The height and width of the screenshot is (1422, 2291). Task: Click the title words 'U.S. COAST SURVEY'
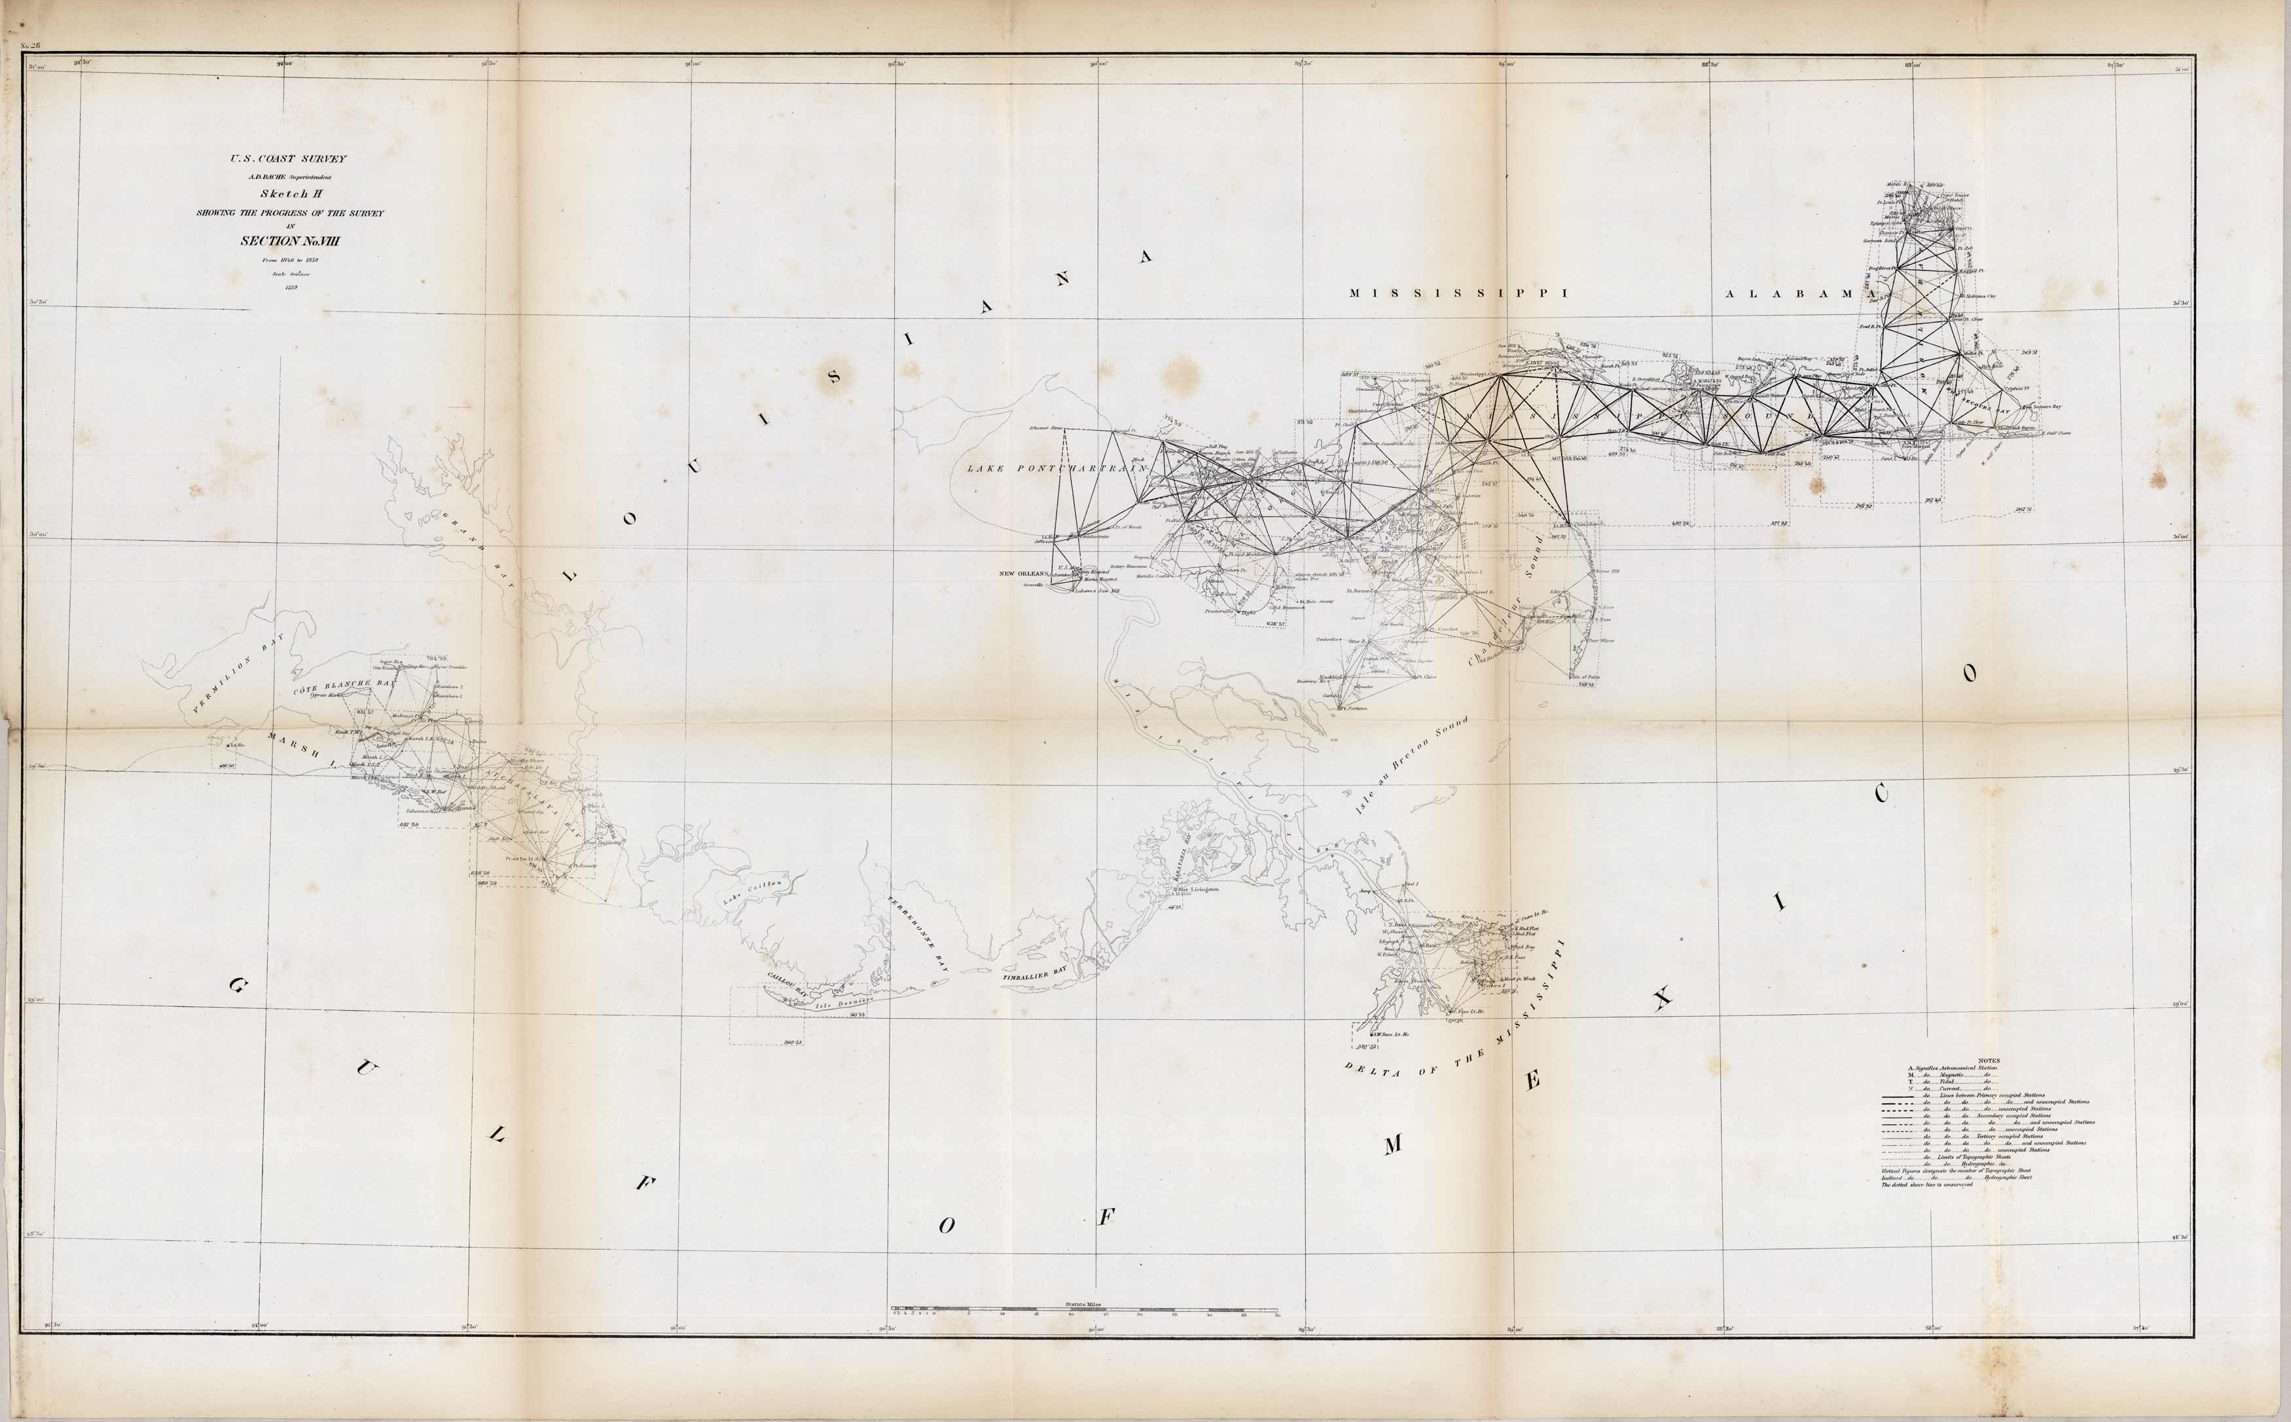(289, 159)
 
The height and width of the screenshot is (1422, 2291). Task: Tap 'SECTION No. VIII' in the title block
(289, 241)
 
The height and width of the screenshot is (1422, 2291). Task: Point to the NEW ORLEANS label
(1023, 573)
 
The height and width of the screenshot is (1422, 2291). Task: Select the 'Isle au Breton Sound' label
(1410, 767)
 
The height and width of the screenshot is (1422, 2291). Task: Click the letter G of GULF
(237, 987)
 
